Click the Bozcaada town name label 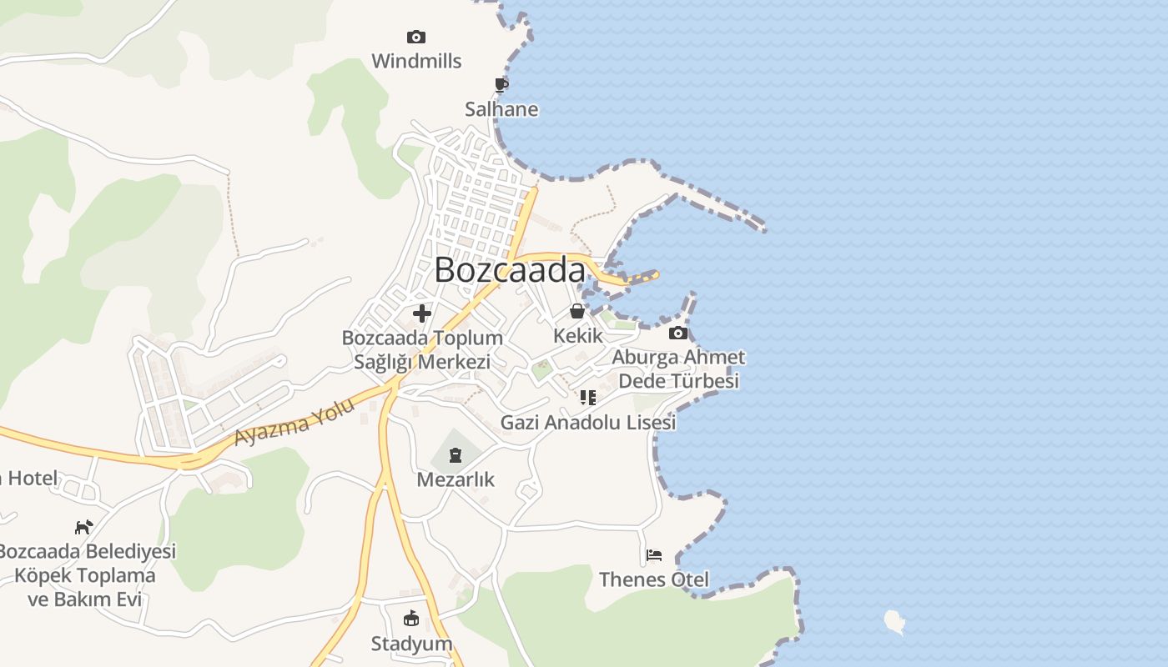click(x=510, y=270)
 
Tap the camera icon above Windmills click(x=415, y=37)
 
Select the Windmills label click(x=416, y=61)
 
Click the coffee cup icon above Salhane click(x=501, y=85)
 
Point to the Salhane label click(x=501, y=109)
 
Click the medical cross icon click(x=422, y=313)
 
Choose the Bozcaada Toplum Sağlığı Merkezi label click(x=422, y=350)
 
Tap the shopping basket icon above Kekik click(x=576, y=312)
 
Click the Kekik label click(x=577, y=336)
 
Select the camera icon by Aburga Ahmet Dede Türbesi click(x=678, y=333)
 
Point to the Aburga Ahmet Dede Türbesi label click(x=678, y=369)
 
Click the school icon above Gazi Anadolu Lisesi click(x=588, y=398)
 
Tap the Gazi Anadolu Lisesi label click(x=588, y=423)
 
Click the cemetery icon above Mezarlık click(x=455, y=455)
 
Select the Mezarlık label click(x=456, y=479)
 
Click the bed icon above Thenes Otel click(x=654, y=554)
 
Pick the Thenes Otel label click(x=654, y=579)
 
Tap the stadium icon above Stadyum click(x=410, y=619)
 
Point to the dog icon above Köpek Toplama click(x=83, y=527)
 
